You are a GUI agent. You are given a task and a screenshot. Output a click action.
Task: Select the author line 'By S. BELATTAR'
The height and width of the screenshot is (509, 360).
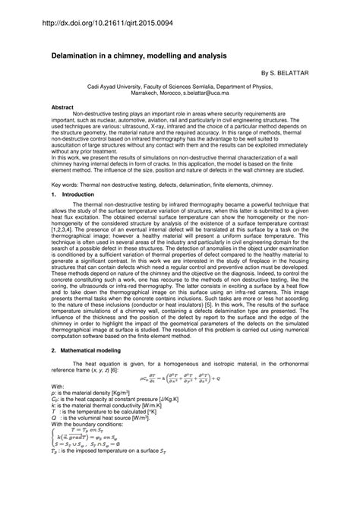pyautogui.click(x=284, y=75)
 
